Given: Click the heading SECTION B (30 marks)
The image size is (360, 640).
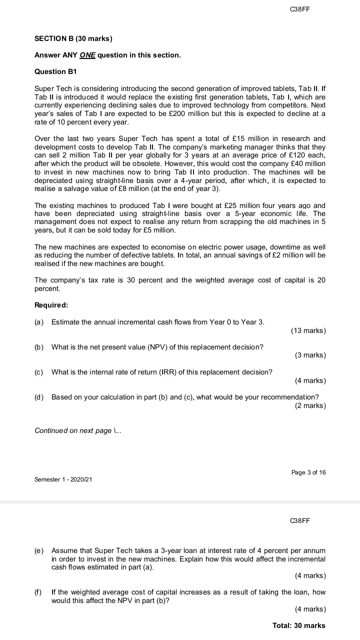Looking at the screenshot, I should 73,38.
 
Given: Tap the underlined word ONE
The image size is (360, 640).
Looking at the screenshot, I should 87,55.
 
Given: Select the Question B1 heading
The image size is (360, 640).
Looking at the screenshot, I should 57,71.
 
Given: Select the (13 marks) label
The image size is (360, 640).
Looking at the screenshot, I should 307,330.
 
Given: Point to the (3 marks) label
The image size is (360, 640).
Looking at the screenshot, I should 310,355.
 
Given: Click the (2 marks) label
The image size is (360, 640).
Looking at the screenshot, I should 310,405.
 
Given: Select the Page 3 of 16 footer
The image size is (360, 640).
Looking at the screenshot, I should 308,472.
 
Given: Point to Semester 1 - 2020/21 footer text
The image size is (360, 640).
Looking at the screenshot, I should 63,479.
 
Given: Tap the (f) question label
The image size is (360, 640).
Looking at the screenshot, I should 38,592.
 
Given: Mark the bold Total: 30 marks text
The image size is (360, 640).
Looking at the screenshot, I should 298,625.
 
